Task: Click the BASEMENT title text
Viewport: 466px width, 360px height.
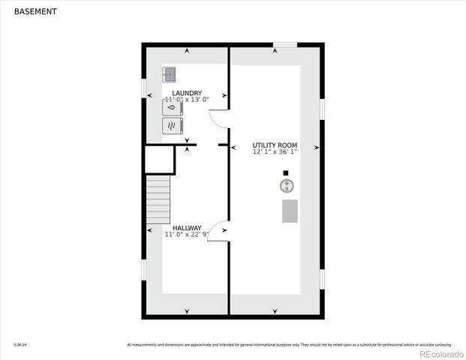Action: (x=34, y=12)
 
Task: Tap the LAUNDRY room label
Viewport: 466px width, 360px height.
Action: (x=187, y=93)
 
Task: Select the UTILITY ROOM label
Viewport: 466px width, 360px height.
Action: (x=275, y=145)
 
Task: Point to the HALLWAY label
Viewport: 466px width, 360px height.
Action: (x=187, y=228)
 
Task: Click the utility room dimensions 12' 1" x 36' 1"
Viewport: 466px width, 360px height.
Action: (x=275, y=152)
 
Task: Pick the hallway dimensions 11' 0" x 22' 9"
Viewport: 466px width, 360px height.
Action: (x=187, y=235)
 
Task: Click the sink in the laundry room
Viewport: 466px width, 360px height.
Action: (x=170, y=74)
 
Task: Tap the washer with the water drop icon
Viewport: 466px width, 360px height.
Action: (x=173, y=107)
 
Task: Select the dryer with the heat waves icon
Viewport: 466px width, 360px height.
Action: (x=173, y=124)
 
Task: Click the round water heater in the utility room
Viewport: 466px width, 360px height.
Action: (x=286, y=184)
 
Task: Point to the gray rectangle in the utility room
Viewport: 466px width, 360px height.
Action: (x=290, y=211)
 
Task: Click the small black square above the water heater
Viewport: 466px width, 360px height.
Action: (x=285, y=172)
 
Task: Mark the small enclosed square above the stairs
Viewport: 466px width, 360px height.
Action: (x=159, y=160)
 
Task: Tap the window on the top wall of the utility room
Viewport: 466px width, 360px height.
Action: (x=284, y=45)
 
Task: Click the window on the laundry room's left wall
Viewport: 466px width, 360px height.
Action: (x=144, y=88)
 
